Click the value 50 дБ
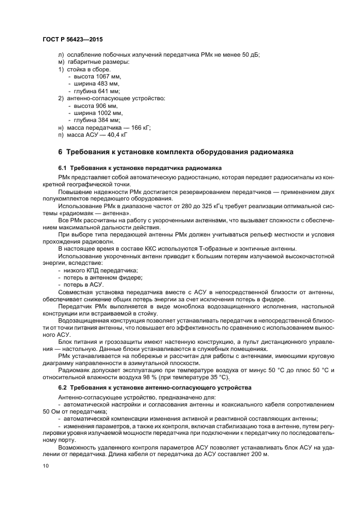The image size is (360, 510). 250,56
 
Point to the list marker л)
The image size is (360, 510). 60,56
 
